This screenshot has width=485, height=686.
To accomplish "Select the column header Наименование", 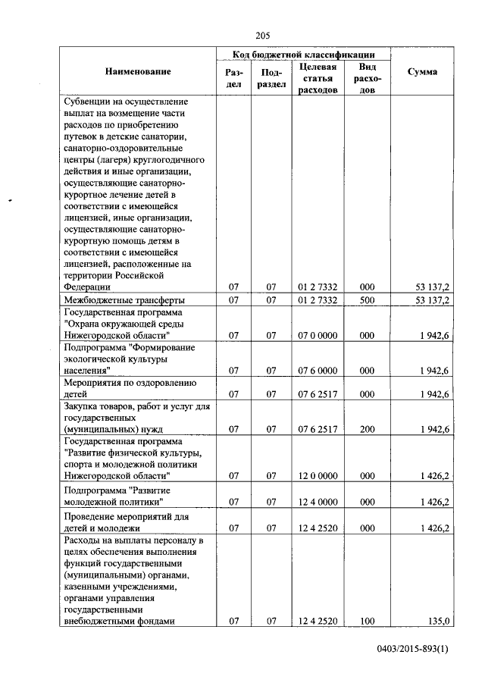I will coord(138,71).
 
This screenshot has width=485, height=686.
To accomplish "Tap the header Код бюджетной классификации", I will coord(303,55).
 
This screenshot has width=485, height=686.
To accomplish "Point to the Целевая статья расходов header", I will coord(318,78).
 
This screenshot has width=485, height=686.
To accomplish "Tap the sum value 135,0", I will coord(439,621).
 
